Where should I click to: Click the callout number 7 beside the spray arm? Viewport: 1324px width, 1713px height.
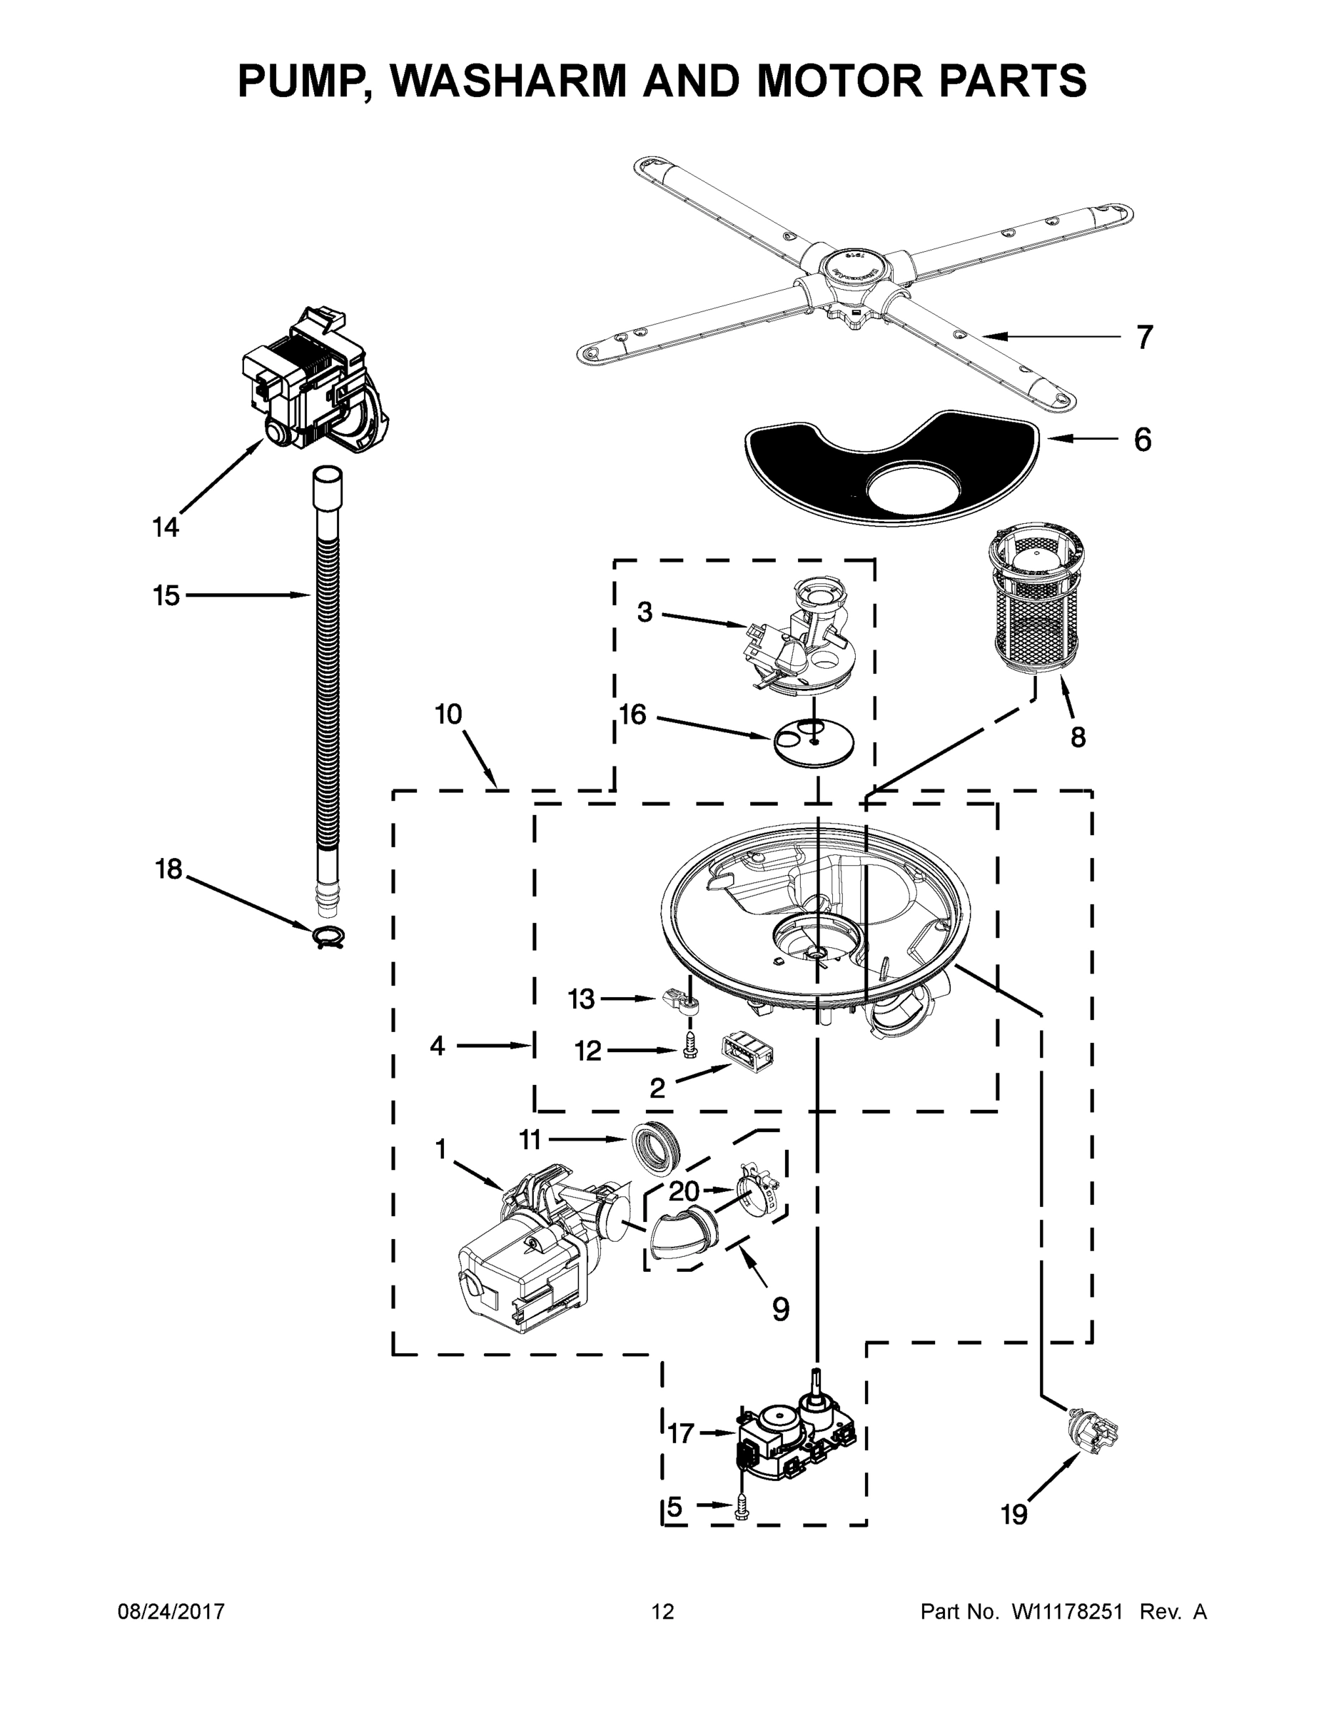1144,338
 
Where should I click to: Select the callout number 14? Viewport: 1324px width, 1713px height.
166,527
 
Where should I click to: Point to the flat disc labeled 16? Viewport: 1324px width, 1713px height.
814,740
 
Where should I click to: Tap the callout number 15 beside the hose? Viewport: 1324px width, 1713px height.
166,595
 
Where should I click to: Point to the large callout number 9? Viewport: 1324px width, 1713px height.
779,1308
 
